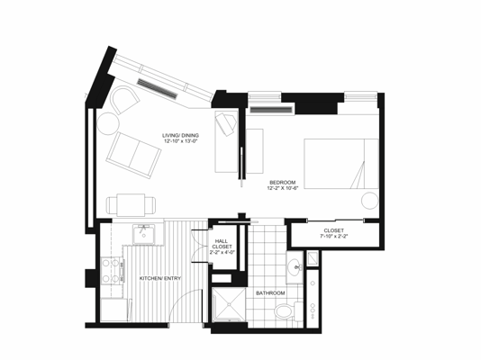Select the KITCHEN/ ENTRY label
tap(159, 278)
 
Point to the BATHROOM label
tap(270, 293)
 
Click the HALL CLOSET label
tap(222, 243)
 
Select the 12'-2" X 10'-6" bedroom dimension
tap(285, 188)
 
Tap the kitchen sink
tap(144, 236)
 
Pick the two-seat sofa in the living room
tap(132, 154)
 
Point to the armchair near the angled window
tap(125, 101)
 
